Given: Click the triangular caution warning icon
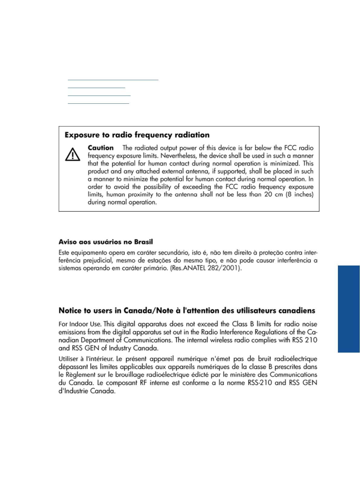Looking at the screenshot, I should [73, 154].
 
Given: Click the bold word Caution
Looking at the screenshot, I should [101, 148].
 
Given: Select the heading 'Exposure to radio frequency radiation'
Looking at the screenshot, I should [137, 135].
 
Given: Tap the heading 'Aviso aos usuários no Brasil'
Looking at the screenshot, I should [106, 242].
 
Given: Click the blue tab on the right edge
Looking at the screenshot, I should [349, 309].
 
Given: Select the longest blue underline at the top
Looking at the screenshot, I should [113, 80].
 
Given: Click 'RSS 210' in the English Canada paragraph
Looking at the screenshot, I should [305, 340].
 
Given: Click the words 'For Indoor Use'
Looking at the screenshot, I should [80, 324].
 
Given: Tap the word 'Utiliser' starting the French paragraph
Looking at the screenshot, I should [69, 359].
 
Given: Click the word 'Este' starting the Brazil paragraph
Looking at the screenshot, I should [64, 253].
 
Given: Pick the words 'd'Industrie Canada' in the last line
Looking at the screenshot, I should [87, 391].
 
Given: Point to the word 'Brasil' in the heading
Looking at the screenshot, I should [143, 242].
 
